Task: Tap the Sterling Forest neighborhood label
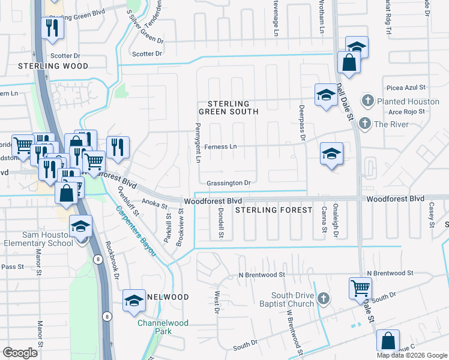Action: tap(274, 210)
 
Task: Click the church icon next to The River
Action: tap(363, 124)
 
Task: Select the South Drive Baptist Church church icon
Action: tap(323, 298)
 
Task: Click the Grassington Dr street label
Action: tap(228, 182)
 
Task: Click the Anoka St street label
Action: tap(154, 205)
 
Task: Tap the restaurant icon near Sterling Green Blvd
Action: tap(52, 28)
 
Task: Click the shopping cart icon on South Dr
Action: tap(360, 288)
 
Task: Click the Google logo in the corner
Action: tap(20, 353)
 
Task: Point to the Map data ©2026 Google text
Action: tap(411, 355)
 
